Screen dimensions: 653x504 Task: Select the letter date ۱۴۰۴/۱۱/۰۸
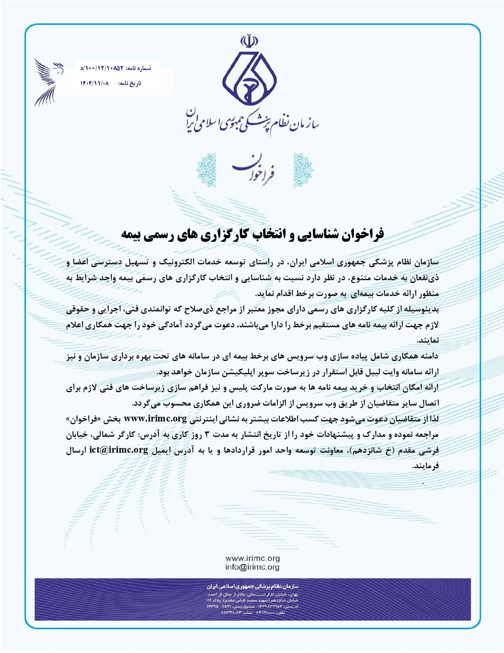[x=94, y=84]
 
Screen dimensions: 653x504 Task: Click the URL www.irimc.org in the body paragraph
[x=155, y=419]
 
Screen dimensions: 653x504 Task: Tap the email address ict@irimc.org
[x=119, y=450]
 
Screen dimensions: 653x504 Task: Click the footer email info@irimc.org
[x=252, y=567]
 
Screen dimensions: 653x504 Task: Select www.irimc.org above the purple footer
[x=252, y=558]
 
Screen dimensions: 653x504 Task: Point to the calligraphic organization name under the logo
[x=253, y=121]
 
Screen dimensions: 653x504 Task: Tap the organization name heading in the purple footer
[x=252, y=586]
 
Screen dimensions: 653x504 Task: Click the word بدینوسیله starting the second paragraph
[x=423, y=309]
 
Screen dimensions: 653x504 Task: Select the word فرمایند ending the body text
[x=426, y=466]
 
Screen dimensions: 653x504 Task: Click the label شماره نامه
[x=138, y=68]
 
